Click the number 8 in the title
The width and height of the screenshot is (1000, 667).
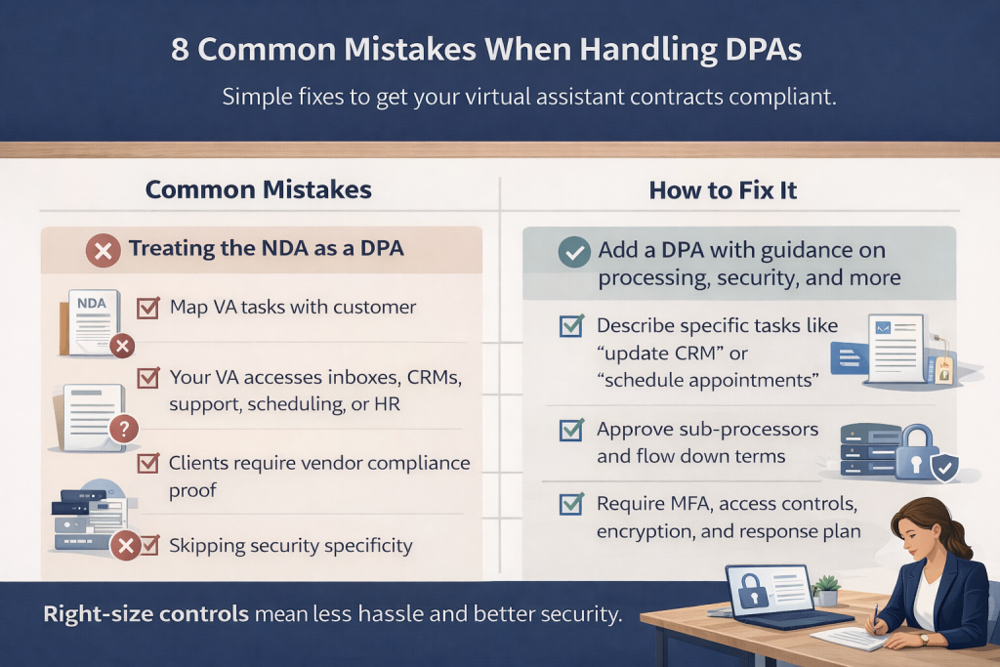[182, 51]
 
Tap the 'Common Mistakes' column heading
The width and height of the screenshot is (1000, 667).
[259, 189]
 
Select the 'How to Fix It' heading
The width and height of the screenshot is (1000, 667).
[723, 189]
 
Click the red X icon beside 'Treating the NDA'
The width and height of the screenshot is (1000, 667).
[104, 250]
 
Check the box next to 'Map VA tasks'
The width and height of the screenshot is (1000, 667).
[148, 309]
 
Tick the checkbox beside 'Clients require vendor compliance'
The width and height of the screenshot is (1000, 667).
[148, 464]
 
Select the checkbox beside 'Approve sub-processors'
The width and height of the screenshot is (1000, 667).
[571, 430]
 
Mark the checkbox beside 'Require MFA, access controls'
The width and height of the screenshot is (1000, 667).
[571, 505]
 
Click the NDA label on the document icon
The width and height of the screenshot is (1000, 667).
[91, 305]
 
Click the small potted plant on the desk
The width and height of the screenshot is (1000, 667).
[827, 588]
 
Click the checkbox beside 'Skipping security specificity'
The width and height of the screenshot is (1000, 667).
[148, 545]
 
